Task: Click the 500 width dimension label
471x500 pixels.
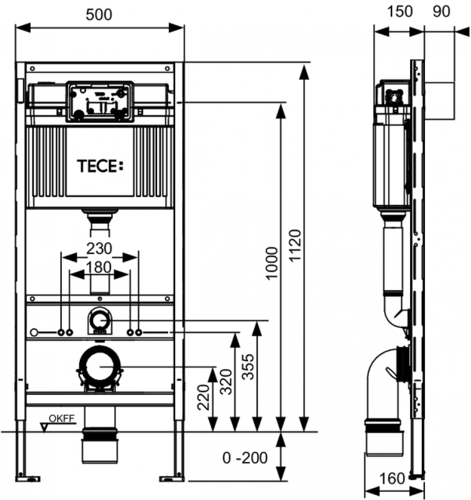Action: (99, 15)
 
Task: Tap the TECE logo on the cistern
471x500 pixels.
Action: (100, 166)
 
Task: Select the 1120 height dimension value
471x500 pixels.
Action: (295, 245)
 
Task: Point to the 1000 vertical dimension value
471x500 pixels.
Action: (272, 263)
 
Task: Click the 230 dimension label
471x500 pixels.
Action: (99, 248)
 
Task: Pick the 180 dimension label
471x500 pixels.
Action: (99, 267)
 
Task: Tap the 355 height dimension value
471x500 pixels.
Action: (248, 367)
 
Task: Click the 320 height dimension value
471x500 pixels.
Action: (227, 382)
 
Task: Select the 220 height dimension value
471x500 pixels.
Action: (204, 398)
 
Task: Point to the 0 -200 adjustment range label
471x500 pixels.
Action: (245, 458)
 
